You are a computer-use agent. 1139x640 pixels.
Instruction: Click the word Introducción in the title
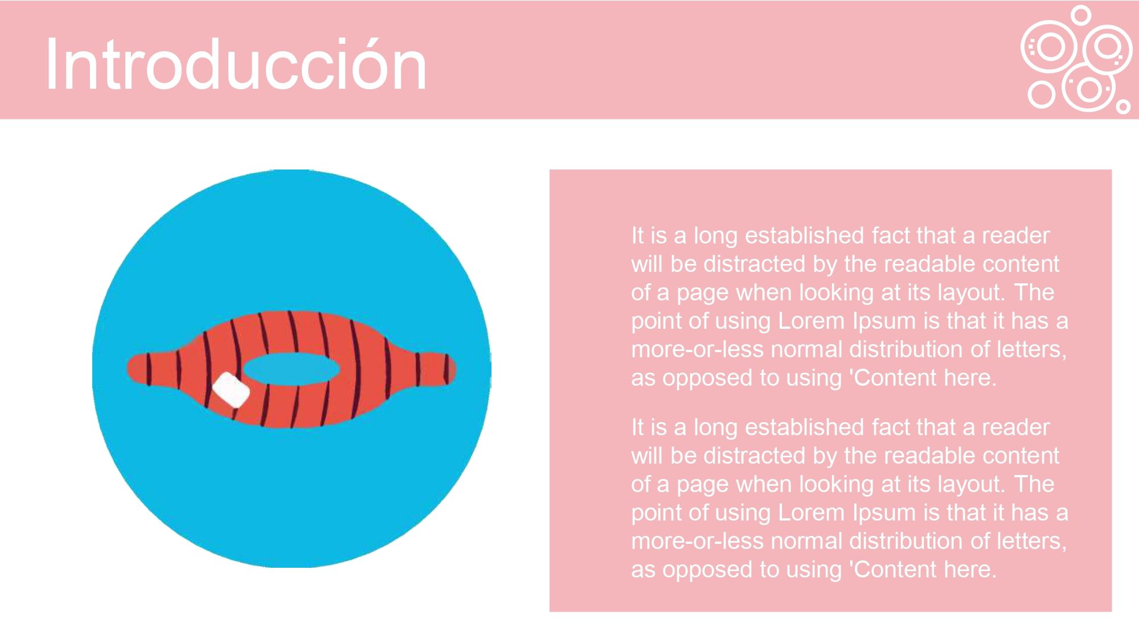[236, 64]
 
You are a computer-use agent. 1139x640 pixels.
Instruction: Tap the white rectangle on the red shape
[231, 390]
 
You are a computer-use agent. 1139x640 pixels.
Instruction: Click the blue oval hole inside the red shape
[292, 369]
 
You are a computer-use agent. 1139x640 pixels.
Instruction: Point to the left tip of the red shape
[127, 369]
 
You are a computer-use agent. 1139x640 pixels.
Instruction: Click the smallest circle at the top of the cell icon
[1080, 15]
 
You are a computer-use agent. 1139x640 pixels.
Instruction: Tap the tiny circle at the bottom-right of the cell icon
[1123, 106]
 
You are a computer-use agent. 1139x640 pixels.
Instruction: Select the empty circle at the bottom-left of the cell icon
[1042, 94]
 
